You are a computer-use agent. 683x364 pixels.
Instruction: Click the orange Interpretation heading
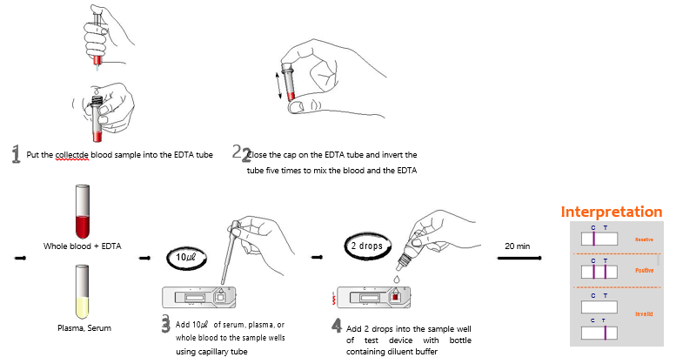point(611,212)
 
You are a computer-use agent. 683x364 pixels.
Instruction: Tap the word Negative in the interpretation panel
point(643,239)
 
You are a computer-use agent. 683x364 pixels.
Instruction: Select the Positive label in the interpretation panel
point(643,271)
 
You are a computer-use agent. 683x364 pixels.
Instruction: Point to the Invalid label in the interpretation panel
point(643,313)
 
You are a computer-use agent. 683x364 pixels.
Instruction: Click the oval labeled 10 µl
point(189,259)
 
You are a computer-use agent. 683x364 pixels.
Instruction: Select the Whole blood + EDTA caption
point(84,246)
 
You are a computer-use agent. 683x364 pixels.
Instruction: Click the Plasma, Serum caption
point(84,328)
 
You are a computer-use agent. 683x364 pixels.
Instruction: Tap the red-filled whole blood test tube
point(83,213)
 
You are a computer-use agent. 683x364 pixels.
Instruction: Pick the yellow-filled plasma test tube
point(83,294)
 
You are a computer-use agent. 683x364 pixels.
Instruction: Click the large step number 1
point(15,155)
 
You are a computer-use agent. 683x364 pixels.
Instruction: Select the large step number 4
point(337,326)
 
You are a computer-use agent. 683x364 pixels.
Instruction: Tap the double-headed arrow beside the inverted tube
point(278,84)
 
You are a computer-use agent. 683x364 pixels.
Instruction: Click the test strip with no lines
point(598,305)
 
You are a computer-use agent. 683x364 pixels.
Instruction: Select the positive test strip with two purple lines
point(598,272)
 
